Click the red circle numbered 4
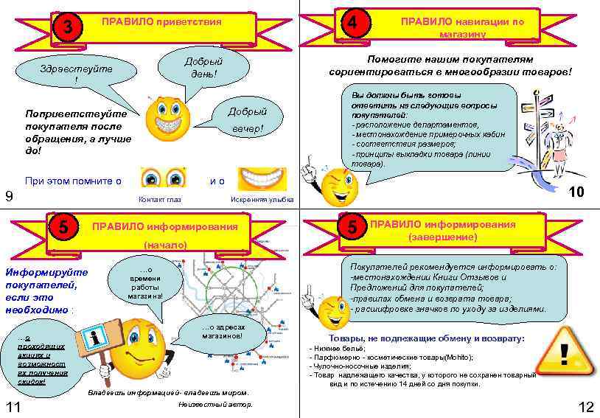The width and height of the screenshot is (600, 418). [x=355, y=24]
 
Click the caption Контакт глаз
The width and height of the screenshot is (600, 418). [x=160, y=200]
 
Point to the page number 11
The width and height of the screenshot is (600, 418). [x=12, y=408]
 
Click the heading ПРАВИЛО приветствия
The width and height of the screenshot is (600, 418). [x=161, y=22]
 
